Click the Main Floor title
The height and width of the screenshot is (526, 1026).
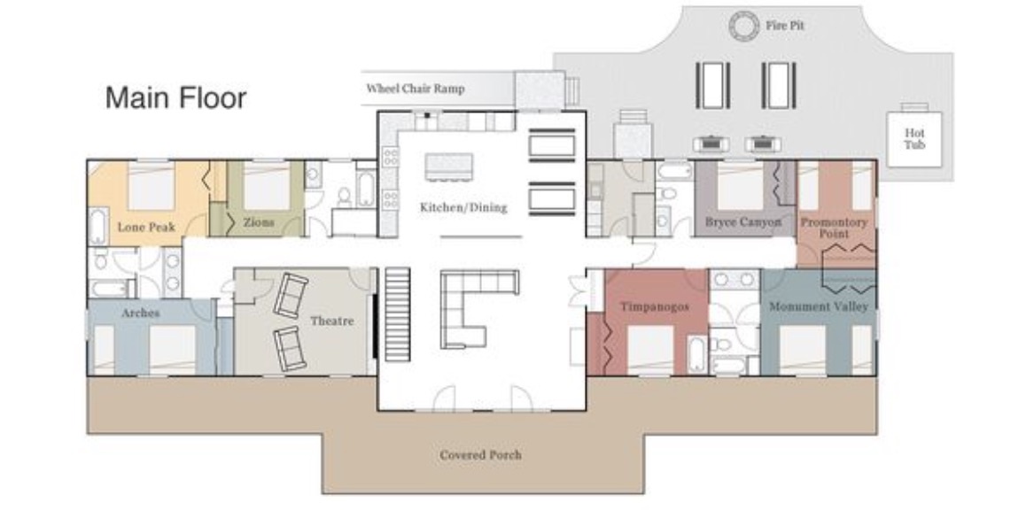[x=176, y=98]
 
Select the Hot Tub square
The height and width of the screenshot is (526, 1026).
[x=914, y=139]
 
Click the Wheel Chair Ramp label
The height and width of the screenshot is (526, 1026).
[x=416, y=89]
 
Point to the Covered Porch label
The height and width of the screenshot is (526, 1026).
[x=481, y=454]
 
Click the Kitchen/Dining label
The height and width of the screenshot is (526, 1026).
[x=463, y=207]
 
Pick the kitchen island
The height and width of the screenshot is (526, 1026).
[x=449, y=166]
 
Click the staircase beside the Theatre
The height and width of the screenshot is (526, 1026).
[x=397, y=314]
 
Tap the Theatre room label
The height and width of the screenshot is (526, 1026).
[x=331, y=321]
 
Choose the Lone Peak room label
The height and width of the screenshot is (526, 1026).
[x=146, y=227]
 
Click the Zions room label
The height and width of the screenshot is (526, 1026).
[x=259, y=222]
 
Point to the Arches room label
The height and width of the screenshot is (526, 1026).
[x=141, y=313]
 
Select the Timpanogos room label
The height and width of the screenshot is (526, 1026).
[x=655, y=306]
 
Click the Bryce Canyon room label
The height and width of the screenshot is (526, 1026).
[x=743, y=221]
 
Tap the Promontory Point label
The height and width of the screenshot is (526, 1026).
[x=834, y=227]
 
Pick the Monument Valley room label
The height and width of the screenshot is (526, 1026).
[x=819, y=306]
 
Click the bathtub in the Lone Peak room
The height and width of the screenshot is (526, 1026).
[x=98, y=227]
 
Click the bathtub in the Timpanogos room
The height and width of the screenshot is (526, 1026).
[x=697, y=354]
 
